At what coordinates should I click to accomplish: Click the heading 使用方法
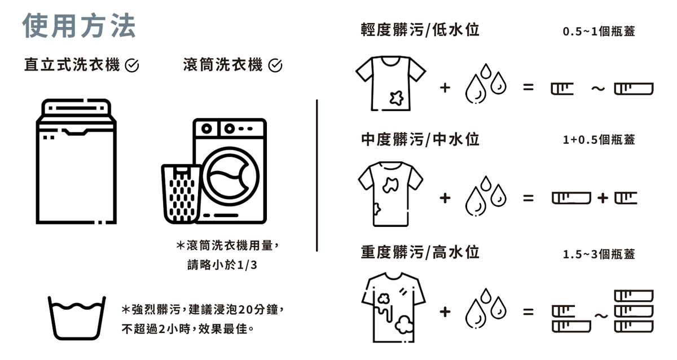click(79, 26)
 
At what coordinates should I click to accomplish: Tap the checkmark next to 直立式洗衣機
click(131, 66)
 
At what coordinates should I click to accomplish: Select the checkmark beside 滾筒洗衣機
click(275, 66)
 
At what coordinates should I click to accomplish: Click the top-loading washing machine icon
click(76, 161)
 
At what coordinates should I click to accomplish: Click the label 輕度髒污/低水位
click(420, 30)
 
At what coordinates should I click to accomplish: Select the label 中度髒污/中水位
click(420, 139)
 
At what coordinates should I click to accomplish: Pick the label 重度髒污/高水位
click(420, 252)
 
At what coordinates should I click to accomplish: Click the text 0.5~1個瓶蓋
click(599, 32)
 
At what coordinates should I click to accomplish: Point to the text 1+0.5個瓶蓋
click(599, 140)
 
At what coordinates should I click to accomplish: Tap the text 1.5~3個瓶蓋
click(599, 254)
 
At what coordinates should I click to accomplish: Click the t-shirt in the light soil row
click(390, 83)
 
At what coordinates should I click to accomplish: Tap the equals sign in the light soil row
click(527, 88)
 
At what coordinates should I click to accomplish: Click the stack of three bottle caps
click(633, 311)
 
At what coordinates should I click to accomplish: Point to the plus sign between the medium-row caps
click(603, 197)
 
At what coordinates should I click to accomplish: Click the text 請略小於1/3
click(222, 265)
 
